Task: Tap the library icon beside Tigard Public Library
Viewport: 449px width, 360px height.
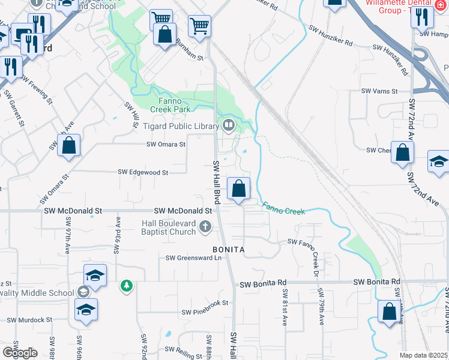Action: (x=228, y=125)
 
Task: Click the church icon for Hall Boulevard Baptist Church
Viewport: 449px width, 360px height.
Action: (x=205, y=227)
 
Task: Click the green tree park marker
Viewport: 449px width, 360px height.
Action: (x=126, y=285)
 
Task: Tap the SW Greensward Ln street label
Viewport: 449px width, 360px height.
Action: (x=194, y=258)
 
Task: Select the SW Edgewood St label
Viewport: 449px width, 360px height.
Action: (x=143, y=172)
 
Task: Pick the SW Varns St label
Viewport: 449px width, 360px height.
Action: (x=379, y=91)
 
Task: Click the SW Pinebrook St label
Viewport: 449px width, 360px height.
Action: (x=205, y=312)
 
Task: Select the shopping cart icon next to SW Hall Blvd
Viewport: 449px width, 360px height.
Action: (x=199, y=26)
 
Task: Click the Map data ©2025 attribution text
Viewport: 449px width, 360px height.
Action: (x=424, y=355)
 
